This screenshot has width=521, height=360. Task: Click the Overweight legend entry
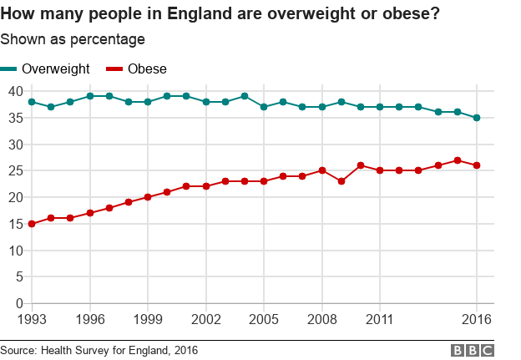(x=46, y=68)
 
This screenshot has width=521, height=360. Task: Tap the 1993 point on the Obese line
(x=32, y=224)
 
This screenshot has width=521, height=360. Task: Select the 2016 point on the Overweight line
(x=477, y=118)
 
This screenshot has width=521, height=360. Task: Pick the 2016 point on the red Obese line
(x=477, y=165)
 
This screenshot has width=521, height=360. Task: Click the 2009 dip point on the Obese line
(x=341, y=181)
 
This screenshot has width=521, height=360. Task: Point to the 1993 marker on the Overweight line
(x=32, y=102)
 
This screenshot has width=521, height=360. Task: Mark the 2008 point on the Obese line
(x=322, y=170)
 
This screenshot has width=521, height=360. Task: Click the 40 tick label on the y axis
(x=15, y=91)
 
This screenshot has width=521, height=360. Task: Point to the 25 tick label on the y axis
(x=15, y=170)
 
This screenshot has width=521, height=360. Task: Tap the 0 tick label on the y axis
(x=18, y=303)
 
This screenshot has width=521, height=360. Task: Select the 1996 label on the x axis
(x=90, y=320)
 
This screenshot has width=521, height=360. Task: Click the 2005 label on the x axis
(x=264, y=320)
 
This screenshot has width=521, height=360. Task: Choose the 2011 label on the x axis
(x=380, y=320)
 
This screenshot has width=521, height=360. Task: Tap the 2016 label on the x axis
(x=477, y=320)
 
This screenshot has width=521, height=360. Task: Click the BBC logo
(x=473, y=351)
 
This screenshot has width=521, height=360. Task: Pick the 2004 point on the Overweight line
(x=245, y=96)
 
